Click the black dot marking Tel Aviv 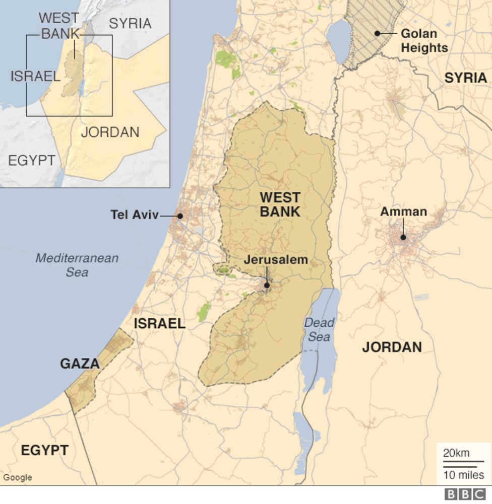pos(180,216)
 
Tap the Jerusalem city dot pos(267,285)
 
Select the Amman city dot pos(403,237)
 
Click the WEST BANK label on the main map pos(280,204)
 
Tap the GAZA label pos(80,364)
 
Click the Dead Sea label pos(319,330)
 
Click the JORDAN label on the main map pos(392,347)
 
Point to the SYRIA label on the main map pos(465,78)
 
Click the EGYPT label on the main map pos(44,450)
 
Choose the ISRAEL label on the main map pos(159,324)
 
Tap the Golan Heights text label pos(424,41)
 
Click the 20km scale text pos(456,453)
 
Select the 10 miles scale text pos(464,474)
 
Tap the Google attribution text pos(18,477)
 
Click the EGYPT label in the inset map pos(32,161)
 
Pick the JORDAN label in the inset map pos(110,132)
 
